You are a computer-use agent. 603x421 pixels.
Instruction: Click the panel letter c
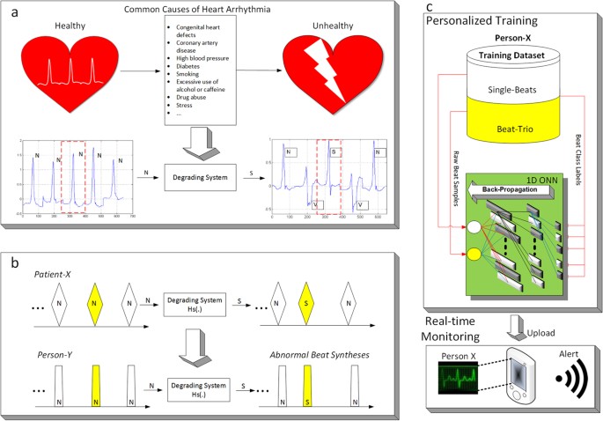(x=429, y=7)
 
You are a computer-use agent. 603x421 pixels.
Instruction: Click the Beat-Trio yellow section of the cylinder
(x=504, y=132)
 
